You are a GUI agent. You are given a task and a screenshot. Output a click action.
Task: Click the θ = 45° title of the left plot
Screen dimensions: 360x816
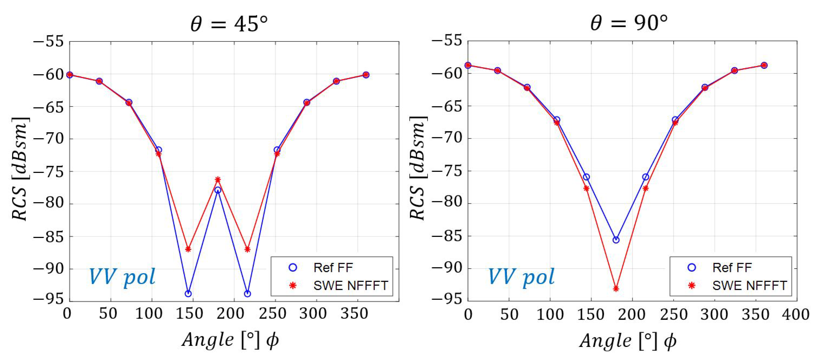point(229,24)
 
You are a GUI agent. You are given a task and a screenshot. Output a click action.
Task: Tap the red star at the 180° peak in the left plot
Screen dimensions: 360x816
point(218,180)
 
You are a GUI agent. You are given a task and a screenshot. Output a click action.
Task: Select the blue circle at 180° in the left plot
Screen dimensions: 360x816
point(218,190)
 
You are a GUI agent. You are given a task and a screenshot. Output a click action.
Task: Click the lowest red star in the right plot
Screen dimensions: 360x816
point(616,288)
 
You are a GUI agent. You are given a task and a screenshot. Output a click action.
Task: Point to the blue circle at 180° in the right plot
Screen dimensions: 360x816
point(616,240)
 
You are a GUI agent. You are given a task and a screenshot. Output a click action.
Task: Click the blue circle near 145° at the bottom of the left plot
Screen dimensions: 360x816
point(188,293)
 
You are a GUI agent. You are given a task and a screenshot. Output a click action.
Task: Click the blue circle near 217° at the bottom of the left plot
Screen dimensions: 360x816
point(247,294)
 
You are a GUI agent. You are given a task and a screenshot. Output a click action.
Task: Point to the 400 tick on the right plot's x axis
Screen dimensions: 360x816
point(795,315)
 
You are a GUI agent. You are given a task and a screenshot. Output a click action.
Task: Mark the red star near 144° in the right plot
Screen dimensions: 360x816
point(586,188)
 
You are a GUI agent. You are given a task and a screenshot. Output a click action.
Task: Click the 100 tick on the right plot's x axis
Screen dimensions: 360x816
point(550,315)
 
